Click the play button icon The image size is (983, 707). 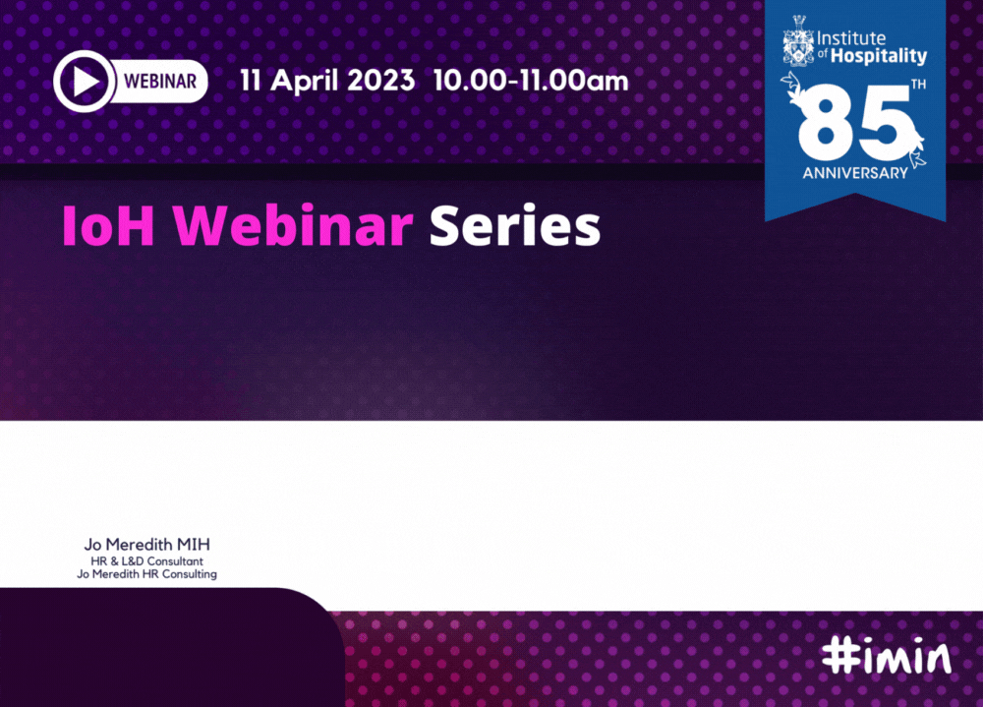(x=84, y=81)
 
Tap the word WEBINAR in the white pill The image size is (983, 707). (x=160, y=82)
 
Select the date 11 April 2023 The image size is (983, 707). (x=327, y=81)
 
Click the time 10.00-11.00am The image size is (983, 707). (x=531, y=81)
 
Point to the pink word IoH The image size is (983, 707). (x=108, y=226)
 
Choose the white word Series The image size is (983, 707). (x=515, y=226)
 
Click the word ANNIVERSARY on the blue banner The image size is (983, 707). (x=855, y=173)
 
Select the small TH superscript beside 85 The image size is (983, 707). (x=918, y=85)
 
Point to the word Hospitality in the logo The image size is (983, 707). (x=878, y=56)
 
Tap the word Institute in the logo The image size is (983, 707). (x=851, y=38)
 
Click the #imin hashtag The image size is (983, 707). (x=887, y=656)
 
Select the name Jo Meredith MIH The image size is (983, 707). (x=147, y=545)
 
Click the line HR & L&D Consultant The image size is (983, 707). (x=147, y=561)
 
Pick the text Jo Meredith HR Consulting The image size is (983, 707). (x=147, y=574)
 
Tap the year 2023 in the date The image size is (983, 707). (x=380, y=81)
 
